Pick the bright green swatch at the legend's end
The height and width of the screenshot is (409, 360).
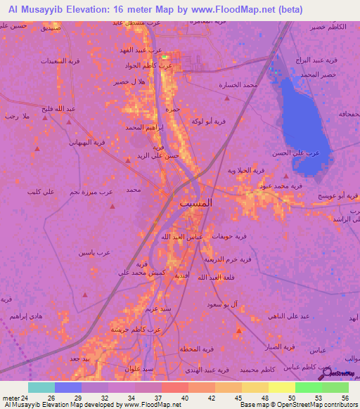click(x=335, y=387)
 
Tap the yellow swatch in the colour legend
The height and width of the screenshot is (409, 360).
click(x=281, y=387)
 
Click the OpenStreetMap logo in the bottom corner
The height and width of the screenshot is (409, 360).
click(x=342, y=374)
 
